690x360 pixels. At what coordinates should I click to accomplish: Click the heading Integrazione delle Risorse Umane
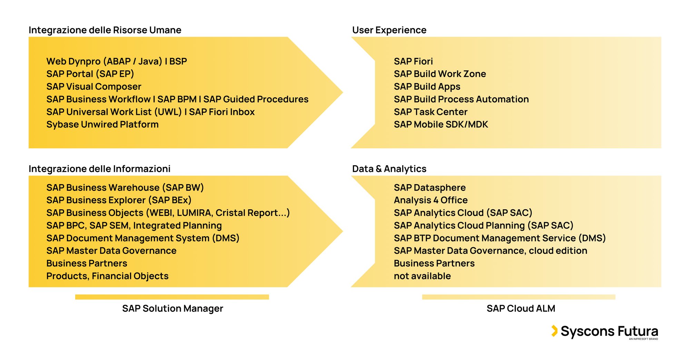(105, 30)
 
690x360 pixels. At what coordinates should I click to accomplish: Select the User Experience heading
(389, 30)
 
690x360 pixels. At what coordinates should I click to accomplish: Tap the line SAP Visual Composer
(94, 87)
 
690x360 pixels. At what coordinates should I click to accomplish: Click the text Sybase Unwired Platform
(102, 124)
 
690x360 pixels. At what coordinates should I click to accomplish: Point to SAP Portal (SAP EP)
(90, 74)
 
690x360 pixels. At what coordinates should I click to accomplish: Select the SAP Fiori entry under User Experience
(413, 61)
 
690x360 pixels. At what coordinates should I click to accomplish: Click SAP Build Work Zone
(440, 74)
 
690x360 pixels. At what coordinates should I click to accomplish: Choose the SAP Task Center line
(431, 112)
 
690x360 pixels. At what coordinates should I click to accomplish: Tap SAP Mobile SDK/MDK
(441, 124)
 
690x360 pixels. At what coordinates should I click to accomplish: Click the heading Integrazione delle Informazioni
(99, 169)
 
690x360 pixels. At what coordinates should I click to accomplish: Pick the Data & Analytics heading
(389, 169)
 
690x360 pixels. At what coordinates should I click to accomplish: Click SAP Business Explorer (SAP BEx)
(119, 200)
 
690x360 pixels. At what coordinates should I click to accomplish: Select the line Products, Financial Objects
(107, 276)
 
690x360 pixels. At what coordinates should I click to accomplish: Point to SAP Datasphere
(430, 188)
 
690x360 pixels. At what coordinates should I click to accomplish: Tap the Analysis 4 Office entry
(431, 200)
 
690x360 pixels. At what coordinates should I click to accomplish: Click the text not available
(422, 276)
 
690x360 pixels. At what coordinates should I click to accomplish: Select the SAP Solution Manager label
(172, 308)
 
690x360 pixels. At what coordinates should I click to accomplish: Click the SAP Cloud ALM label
(521, 308)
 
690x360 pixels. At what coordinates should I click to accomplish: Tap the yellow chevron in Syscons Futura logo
(554, 331)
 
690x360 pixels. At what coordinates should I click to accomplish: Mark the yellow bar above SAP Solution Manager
(172, 297)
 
